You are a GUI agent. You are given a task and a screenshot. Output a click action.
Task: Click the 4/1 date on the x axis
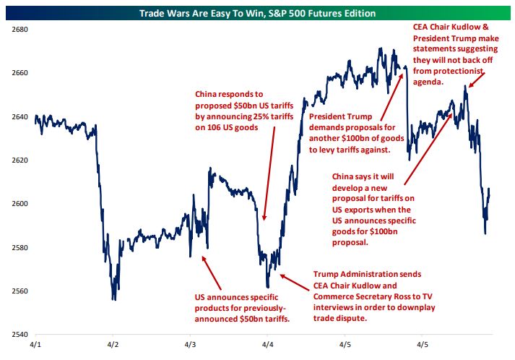pos(35,345)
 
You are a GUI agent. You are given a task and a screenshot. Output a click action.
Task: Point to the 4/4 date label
pos(268,345)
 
